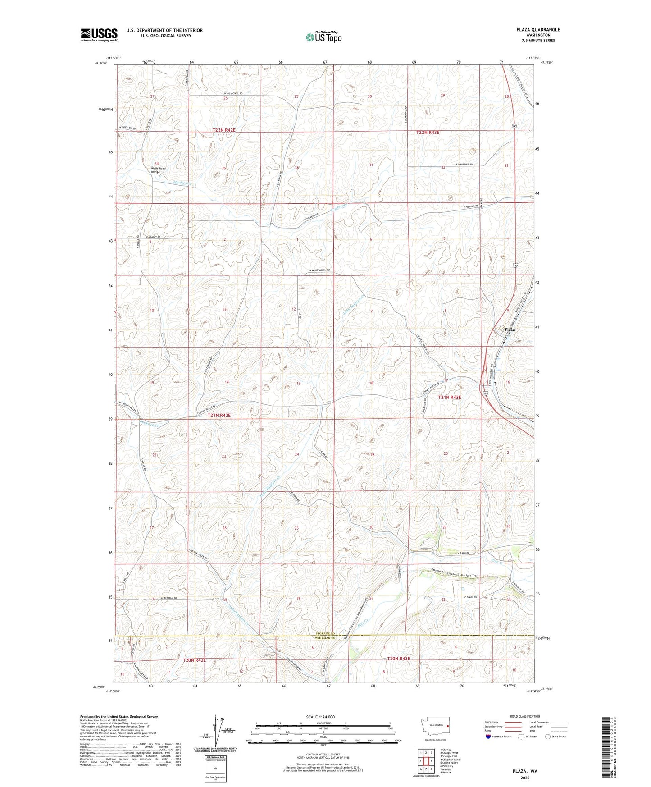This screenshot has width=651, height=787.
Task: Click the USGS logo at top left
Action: click(99, 35)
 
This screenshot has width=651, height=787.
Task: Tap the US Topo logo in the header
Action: click(323, 37)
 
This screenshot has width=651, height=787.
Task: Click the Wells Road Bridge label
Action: click(158, 170)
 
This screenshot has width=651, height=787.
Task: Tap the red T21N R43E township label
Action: click(450, 397)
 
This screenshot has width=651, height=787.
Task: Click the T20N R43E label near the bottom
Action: click(399, 659)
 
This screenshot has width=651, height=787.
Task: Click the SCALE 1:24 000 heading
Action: click(320, 717)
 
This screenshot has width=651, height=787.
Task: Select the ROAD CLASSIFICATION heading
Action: click(525, 716)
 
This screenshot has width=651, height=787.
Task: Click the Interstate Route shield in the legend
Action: click(488, 737)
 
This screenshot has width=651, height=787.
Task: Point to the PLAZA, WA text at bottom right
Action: click(525, 771)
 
